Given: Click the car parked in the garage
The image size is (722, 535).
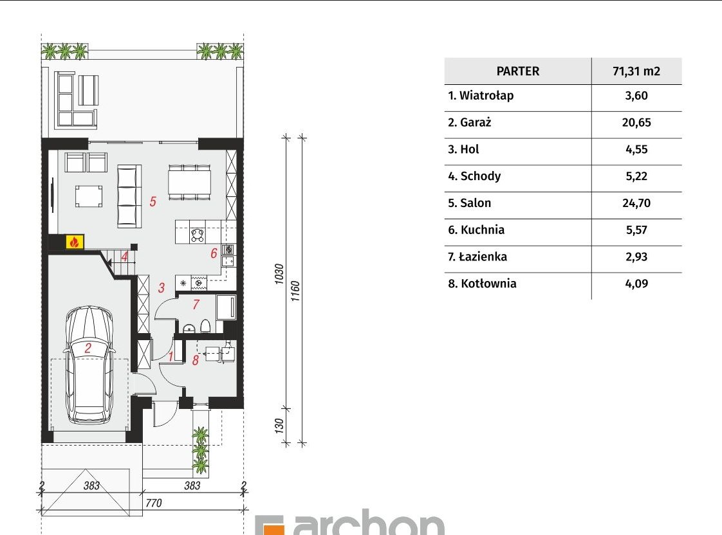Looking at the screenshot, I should point(89,365).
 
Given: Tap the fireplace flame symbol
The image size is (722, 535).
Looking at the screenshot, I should point(75,242).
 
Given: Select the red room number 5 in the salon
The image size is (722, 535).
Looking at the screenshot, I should point(153,201).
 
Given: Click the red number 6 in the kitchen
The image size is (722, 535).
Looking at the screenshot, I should point(214,253).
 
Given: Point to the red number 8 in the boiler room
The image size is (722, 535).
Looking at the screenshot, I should point(196,360).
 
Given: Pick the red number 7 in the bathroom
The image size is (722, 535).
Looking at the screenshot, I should point(196,305).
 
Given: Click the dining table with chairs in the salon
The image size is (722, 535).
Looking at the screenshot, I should point(189,182).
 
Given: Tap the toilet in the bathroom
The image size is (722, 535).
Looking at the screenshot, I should point(205,326).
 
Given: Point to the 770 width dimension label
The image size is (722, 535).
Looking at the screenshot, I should point(153,503).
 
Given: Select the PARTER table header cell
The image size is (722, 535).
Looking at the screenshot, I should point(518,71).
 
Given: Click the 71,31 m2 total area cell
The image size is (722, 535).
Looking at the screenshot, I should point(636,71).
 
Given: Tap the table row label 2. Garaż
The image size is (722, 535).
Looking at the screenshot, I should point(470,122).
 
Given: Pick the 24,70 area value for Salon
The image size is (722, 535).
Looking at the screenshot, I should point(636,203).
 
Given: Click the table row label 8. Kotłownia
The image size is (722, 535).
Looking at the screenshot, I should point(482,284).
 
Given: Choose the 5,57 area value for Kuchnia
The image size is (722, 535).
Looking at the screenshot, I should point(636,230).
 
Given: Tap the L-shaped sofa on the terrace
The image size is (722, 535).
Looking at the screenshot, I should point(77,100).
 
